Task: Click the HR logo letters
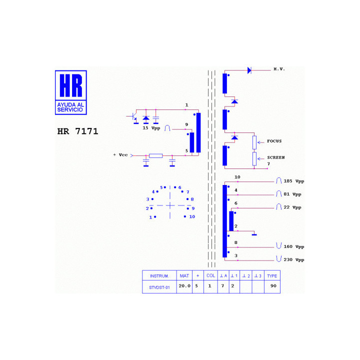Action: pyautogui.click(x=71, y=85)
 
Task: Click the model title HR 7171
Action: pyautogui.click(x=77, y=131)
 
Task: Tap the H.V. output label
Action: pyautogui.click(x=279, y=69)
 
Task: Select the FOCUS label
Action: pyautogui.click(x=274, y=141)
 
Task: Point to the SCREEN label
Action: pyautogui.click(x=275, y=157)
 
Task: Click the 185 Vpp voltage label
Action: pyautogui.click(x=294, y=181)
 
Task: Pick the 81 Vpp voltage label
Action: pyautogui.click(x=292, y=194)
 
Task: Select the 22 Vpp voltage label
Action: pyautogui.click(x=292, y=207)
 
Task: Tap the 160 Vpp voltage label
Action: pyautogui.click(x=294, y=246)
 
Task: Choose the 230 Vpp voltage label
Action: pyautogui.click(x=294, y=259)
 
